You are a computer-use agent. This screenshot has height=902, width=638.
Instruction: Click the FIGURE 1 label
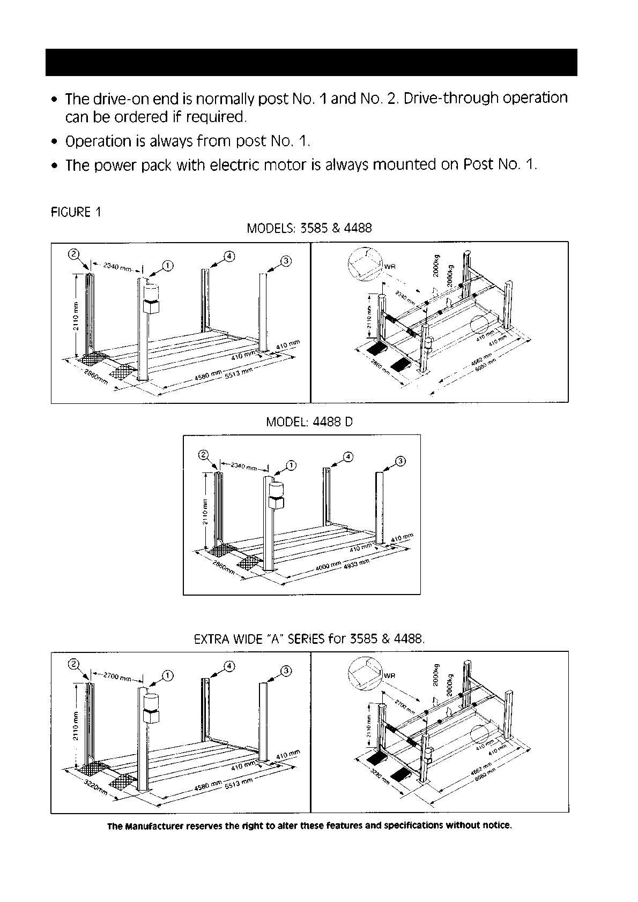click(x=76, y=212)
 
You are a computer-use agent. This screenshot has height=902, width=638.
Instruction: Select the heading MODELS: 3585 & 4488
click(x=309, y=228)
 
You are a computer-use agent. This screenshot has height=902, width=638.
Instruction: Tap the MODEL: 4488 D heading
click(x=309, y=422)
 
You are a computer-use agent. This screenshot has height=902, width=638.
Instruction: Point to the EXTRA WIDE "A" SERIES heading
click(x=309, y=639)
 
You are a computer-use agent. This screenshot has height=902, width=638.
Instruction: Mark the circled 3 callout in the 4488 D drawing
click(x=400, y=461)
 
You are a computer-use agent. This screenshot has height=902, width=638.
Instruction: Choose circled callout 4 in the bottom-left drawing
click(x=229, y=666)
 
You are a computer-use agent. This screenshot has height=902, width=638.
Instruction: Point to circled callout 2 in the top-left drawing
click(x=75, y=254)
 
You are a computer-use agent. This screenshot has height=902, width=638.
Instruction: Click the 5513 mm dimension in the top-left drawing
click(x=235, y=373)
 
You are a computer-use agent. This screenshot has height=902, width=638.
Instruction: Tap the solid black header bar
click(x=311, y=63)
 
